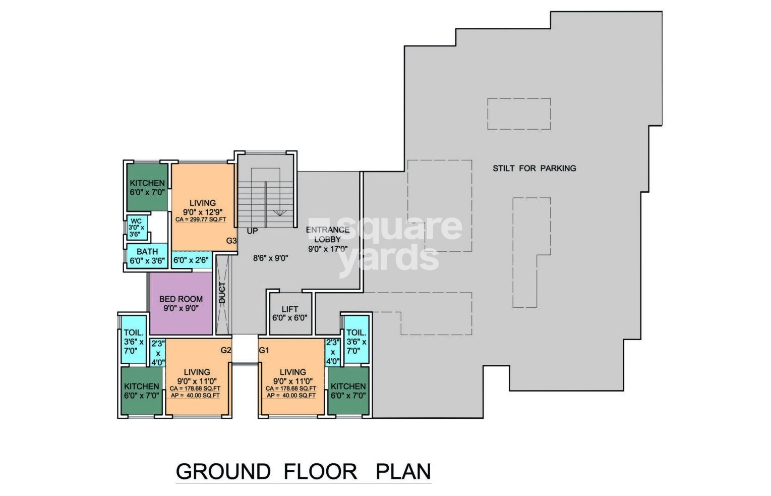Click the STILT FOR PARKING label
point(534,168)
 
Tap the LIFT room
point(289,313)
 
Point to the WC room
point(136,228)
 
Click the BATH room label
point(147,251)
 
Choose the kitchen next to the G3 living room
point(147,187)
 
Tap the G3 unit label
point(231,241)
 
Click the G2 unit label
point(225,350)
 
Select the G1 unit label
point(264,350)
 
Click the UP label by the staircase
point(252,231)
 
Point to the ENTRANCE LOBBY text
point(327,235)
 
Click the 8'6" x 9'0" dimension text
point(270,258)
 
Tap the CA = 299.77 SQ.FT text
point(201,219)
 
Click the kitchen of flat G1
point(348,391)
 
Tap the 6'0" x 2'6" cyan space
point(191,260)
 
